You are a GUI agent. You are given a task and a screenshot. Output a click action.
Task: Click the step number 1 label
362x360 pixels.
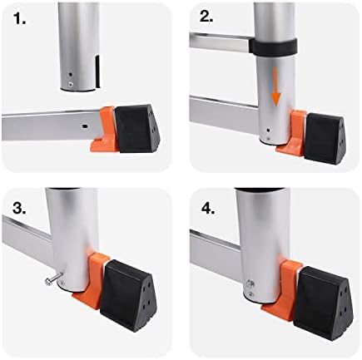(19, 18)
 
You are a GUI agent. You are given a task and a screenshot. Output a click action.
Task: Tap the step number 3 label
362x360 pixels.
(19, 209)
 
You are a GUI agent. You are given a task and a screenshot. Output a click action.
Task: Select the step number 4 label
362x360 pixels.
(208, 209)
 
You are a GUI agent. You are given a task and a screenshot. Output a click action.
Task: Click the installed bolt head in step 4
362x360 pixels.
(250, 284)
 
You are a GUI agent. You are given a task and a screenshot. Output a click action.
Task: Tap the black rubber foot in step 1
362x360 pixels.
(137, 128)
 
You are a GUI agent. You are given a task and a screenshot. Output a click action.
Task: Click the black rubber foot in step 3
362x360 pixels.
(129, 289)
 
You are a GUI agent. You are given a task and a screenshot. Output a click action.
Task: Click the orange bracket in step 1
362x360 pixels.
(104, 129)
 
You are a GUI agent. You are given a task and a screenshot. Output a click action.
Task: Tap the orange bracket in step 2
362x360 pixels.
(292, 132)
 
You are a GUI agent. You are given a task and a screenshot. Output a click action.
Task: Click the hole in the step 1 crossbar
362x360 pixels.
(85, 126)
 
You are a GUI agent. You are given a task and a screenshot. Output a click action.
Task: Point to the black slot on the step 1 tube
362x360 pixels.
(97, 70)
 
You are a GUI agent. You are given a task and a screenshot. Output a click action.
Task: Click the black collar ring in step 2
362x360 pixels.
(273, 46)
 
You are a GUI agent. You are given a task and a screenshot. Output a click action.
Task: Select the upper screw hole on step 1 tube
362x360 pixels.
(71, 75)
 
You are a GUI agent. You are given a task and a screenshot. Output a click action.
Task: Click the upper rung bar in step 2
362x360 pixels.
(220, 42)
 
